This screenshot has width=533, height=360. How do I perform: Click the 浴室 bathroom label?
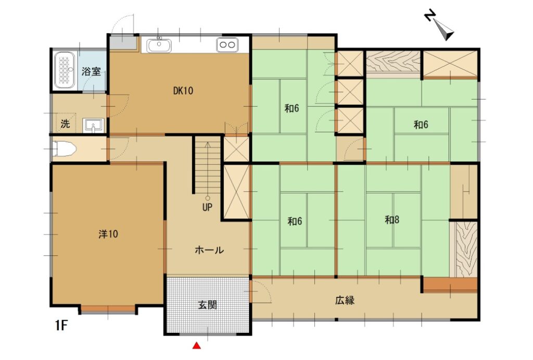(92, 71)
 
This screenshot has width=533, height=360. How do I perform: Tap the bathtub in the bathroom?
(65, 70)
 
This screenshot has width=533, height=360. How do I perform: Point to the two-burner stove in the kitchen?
(227, 45)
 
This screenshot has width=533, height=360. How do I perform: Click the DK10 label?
(183, 91)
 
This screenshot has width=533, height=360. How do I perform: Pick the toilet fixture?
(65, 150)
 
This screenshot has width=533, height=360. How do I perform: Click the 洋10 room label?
(108, 234)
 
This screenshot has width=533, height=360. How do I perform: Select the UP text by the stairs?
(208, 207)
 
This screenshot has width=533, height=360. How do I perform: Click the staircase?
(208, 164)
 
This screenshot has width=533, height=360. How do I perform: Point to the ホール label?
(209, 250)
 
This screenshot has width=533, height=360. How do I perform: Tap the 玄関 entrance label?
(207, 305)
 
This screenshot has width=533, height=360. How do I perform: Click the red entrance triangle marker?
(197, 345)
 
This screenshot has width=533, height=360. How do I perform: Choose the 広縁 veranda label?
(345, 301)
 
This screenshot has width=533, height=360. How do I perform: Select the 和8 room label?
(392, 220)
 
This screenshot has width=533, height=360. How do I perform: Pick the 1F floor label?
(61, 326)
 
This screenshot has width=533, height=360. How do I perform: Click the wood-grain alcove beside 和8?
(463, 249)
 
